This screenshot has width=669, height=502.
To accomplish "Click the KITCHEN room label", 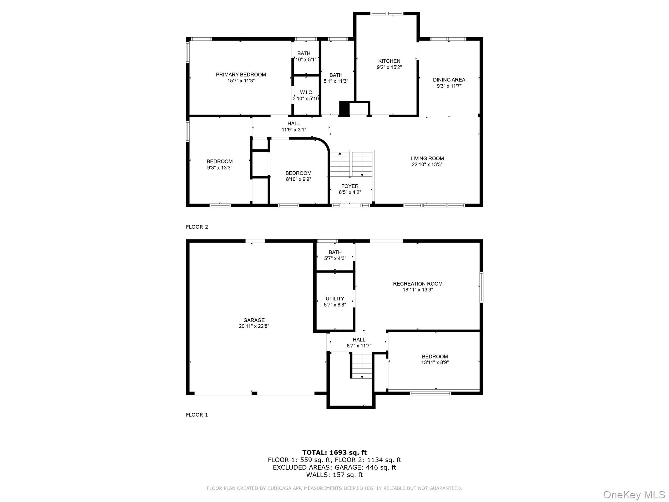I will coord(389,61).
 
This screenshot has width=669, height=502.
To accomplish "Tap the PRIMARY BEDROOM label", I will coord(241,75).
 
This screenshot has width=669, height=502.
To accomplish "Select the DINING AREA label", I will coord(449,80).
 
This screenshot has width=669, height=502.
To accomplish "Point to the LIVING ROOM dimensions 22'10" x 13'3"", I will coord(427,165).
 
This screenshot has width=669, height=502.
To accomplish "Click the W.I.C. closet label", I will coord(306,92).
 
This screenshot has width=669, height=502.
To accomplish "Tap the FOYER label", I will coord(350,186).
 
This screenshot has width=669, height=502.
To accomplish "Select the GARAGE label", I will coord(254,320).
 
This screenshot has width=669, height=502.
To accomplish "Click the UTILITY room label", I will coord(334,299).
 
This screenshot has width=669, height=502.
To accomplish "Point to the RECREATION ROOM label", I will coord(417,284).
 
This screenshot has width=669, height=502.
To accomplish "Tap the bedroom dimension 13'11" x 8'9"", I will coord(435,362).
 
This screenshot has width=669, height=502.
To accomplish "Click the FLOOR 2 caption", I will coord(197,227).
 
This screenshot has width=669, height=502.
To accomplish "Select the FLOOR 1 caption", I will coord(197,415).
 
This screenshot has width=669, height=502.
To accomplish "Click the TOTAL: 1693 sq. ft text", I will coord(334,452).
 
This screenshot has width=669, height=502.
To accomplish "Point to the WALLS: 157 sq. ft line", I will coord(334,475).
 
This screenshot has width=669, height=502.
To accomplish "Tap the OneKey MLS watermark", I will coord(634,494).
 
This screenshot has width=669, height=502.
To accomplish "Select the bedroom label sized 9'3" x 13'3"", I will coord(220,161).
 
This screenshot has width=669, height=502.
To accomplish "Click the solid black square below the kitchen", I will coord(344,108).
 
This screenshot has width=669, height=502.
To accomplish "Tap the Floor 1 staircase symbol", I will coord(362,365).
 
